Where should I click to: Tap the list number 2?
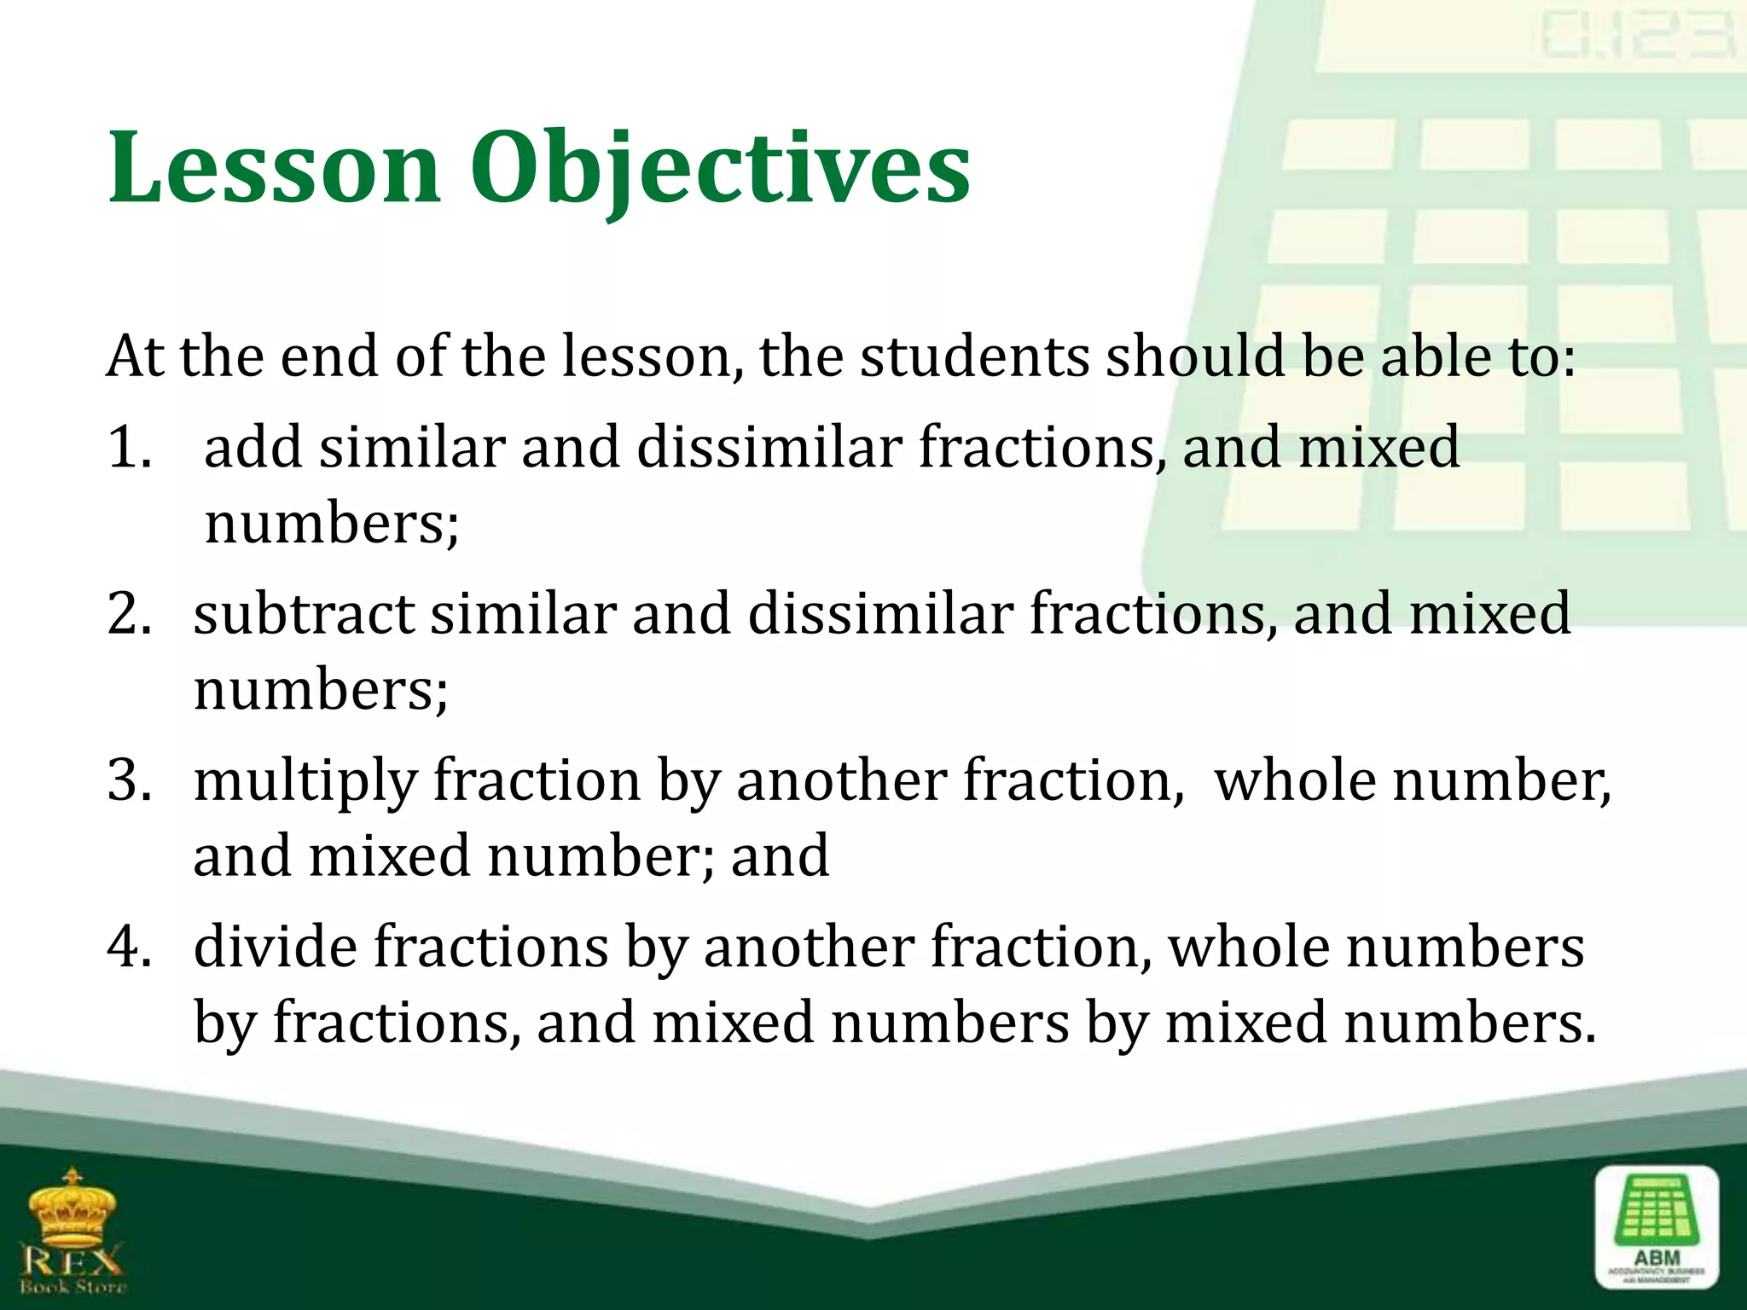(x=130, y=613)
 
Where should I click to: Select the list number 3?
(x=130, y=780)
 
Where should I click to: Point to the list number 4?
(x=130, y=947)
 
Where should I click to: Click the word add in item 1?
(x=252, y=447)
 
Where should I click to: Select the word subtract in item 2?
(x=304, y=613)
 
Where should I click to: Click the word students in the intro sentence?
(x=973, y=356)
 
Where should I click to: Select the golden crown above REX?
(x=73, y=1206)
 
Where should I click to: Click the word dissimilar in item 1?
(x=769, y=447)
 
